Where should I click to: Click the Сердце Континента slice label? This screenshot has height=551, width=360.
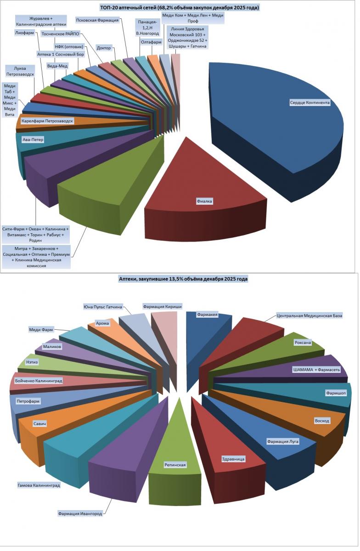(309, 102)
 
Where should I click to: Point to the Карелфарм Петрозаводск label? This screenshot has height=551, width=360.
(47, 121)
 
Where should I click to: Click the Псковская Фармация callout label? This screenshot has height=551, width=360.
(97, 20)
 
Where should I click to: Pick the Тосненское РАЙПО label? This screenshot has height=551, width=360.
(60, 34)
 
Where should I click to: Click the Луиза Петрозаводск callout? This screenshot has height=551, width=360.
(20, 71)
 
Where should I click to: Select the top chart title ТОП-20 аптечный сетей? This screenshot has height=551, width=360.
(179, 8)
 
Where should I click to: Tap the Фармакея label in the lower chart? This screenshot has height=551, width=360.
(207, 315)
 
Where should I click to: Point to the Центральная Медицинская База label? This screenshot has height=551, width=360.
(309, 315)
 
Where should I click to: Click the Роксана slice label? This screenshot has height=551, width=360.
(302, 343)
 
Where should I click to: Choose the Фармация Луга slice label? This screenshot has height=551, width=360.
(283, 442)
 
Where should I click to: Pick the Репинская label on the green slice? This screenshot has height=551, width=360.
(175, 465)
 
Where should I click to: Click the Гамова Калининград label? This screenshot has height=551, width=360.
(39, 485)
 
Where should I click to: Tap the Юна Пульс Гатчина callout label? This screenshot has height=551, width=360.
(103, 307)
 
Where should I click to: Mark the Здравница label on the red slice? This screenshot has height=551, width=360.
(233, 459)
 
